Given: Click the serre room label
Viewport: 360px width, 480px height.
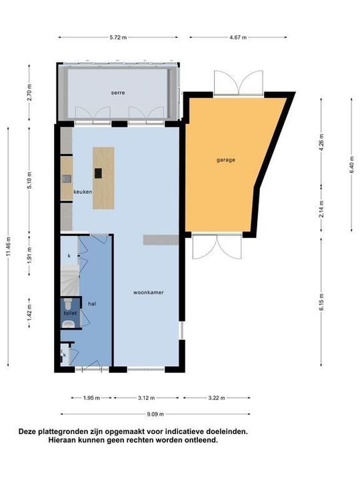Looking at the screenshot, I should (119, 93).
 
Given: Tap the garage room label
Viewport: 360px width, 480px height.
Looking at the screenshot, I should (225, 160).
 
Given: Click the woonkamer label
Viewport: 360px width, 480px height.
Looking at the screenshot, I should (149, 292).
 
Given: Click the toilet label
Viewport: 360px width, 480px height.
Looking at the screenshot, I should (70, 312).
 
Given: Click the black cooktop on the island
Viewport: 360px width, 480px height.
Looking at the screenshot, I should (98, 173).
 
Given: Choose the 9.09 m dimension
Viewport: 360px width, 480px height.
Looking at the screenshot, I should (155, 413).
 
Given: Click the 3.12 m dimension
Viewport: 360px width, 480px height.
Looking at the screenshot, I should (147, 398).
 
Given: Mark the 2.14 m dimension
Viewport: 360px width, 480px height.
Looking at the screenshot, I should (322, 206).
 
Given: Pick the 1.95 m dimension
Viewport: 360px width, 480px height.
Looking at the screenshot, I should (92, 398).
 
